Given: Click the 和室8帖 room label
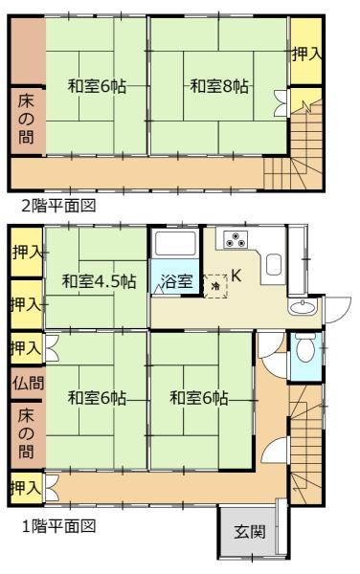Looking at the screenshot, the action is (x=219, y=87).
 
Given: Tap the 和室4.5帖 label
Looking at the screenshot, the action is (x=99, y=281).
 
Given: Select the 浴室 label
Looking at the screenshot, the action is (x=177, y=281).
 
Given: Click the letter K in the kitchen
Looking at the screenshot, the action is (x=236, y=276).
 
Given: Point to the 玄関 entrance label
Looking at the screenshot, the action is (x=250, y=531).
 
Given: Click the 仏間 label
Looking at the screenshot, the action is (x=28, y=384).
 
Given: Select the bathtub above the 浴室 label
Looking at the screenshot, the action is (x=174, y=244).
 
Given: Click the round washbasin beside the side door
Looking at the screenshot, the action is (x=303, y=307).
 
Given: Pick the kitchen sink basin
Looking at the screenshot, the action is (x=274, y=264).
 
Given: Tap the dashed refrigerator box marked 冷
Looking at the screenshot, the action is (x=215, y=285).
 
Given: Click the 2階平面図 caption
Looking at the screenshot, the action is (x=58, y=206).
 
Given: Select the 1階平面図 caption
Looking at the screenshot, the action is (x=58, y=526).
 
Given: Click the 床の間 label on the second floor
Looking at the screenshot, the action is (x=26, y=120).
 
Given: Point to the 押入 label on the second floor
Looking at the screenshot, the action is (x=307, y=55).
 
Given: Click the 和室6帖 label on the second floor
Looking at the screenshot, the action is (x=98, y=87).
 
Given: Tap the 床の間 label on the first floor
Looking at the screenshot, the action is (x=26, y=434).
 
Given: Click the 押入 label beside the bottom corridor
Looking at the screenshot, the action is (x=26, y=488).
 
